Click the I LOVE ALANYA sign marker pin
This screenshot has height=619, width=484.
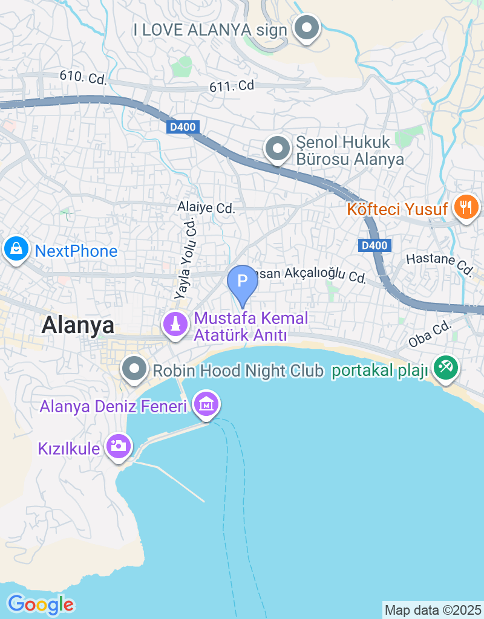(307, 27)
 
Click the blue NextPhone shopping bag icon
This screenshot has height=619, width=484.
(15, 248)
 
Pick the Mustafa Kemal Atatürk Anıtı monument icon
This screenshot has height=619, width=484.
(176, 323)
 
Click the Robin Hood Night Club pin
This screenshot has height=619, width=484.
(134, 368)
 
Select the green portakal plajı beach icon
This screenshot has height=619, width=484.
(446, 366)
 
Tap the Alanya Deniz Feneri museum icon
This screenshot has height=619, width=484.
(207, 404)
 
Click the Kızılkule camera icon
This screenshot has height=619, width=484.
(118, 446)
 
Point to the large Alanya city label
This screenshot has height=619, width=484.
(77, 326)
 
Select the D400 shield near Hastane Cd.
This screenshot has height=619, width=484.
(374, 245)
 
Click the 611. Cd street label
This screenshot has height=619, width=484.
(232, 86)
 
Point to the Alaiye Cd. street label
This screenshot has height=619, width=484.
(206, 208)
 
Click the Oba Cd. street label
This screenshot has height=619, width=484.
(430, 334)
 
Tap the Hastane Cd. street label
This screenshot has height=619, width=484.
(439, 264)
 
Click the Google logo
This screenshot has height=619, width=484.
(41, 604)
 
